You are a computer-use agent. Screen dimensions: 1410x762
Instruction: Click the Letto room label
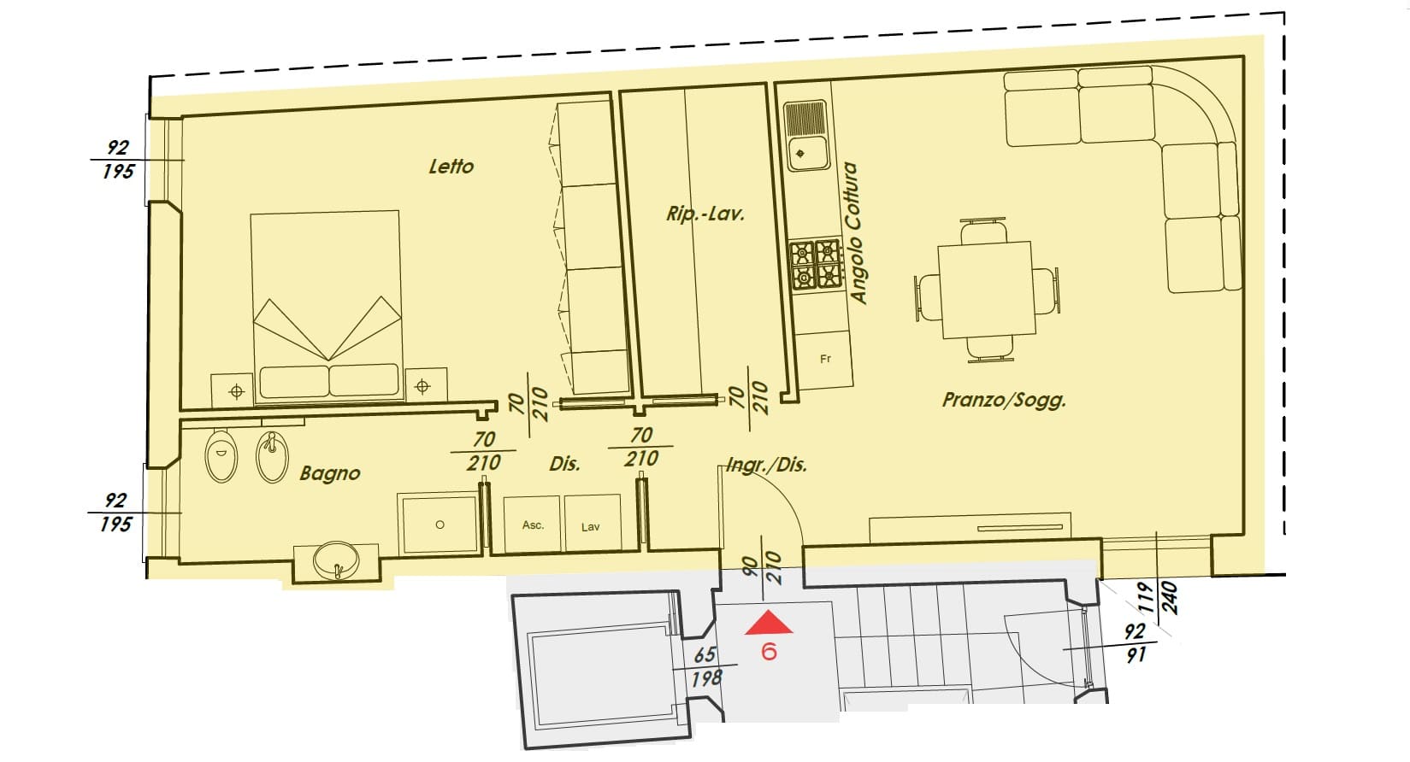tap(451, 167)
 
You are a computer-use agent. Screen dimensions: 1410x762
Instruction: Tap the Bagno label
tap(330, 472)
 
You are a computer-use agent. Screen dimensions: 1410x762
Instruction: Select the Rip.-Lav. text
tap(705, 214)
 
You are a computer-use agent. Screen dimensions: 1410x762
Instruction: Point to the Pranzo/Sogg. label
tap(1004, 400)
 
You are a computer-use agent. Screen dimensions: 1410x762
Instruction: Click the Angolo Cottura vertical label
tap(853, 232)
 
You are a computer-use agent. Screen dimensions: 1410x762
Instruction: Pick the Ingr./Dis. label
tap(766, 466)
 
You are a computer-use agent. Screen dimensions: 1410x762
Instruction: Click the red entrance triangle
tap(769, 623)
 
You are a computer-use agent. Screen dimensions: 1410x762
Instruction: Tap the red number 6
tap(769, 652)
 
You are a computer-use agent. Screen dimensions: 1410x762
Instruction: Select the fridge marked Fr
tap(825, 359)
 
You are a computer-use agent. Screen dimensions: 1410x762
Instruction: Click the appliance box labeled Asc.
tap(532, 525)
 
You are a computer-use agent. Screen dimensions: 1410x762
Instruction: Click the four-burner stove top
tap(816, 265)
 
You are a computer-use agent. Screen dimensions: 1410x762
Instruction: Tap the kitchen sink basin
tap(807, 154)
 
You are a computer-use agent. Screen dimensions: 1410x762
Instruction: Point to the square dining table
tap(987, 290)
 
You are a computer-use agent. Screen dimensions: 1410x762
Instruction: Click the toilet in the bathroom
tap(221, 455)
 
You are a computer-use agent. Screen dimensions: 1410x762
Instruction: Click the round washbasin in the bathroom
tap(336, 560)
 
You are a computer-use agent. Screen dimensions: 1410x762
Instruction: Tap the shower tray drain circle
tap(440, 525)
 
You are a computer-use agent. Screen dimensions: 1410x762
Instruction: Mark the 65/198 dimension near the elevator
tap(705, 666)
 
